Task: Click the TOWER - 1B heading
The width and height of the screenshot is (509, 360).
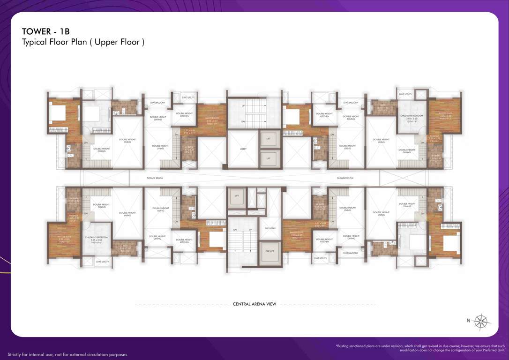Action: pyautogui.click(x=45, y=31)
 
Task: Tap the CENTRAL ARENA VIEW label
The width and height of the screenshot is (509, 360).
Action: pyautogui.click(x=254, y=304)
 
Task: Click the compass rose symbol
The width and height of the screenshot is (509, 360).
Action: pyautogui.click(x=481, y=321)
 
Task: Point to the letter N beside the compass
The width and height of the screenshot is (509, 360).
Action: pyautogui.click(x=468, y=321)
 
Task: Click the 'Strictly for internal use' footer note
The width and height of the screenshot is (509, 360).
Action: pyautogui.click(x=67, y=354)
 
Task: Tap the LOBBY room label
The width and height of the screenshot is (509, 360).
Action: pyautogui.click(x=243, y=149)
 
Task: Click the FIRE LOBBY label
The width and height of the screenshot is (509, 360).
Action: pyautogui.click(x=270, y=228)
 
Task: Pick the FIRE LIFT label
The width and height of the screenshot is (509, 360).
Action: pyautogui.click(x=270, y=251)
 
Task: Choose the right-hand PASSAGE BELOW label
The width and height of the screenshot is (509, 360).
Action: pyautogui.click(x=345, y=178)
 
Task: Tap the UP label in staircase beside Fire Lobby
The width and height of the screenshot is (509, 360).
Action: pyautogui.click(x=251, y=230)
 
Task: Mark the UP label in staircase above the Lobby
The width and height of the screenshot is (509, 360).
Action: pyautogui.click(x=243, y=106)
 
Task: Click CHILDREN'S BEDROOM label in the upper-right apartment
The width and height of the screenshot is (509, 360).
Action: pyautogui.click(x=412, y=116)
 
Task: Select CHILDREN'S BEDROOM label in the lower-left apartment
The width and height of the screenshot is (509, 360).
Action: pyautogui.click(x=96, y=238)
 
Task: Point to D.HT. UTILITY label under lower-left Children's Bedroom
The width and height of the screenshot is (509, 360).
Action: pyautogui.click(x=103, y=262)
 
